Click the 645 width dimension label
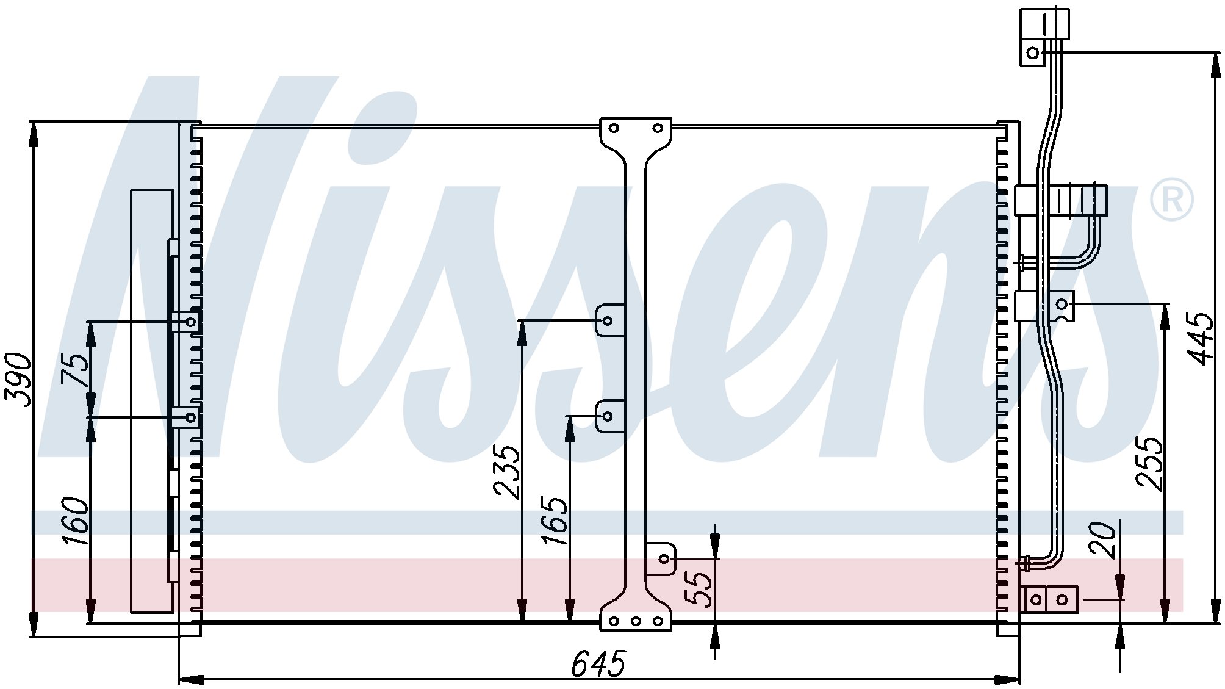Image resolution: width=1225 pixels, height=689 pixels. click(x=598, y=664)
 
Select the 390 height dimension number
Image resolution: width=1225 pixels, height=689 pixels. click(x=18, y=380)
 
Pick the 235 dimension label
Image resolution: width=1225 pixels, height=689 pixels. click(x=507, y=472)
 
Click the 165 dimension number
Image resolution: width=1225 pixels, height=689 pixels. click(x=555, y=521)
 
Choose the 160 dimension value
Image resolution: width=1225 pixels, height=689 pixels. click(x=76, y=521)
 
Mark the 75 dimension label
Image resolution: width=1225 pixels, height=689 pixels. click(x=76, y=369)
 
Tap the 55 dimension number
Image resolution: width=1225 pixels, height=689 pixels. click(x=700, y=590)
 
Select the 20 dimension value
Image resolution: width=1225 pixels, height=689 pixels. click(x=1103, y=540)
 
